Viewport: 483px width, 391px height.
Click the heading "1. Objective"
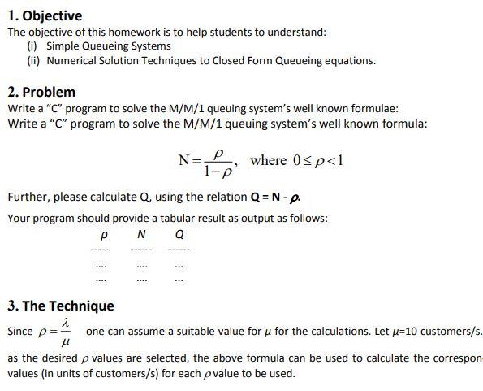[x=45, y=15]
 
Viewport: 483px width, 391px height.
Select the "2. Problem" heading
[x=41, y=92]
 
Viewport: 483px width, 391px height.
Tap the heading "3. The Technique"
[x=61, y=306]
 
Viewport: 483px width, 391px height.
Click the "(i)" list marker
[x=33, y=46]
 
